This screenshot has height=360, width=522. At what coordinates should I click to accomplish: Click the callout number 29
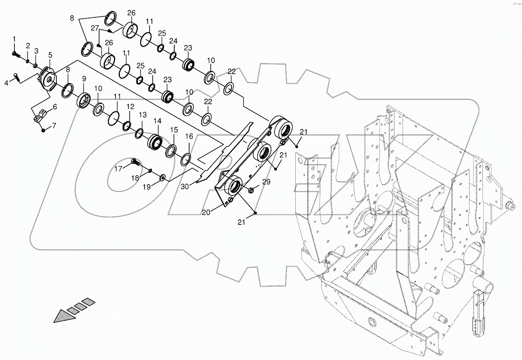coord(266,182)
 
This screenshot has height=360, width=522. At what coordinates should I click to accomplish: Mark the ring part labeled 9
coord(84,101)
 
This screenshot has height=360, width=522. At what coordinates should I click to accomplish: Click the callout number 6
coord(54,107)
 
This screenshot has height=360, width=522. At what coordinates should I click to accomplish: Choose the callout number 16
coord(189,136)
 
